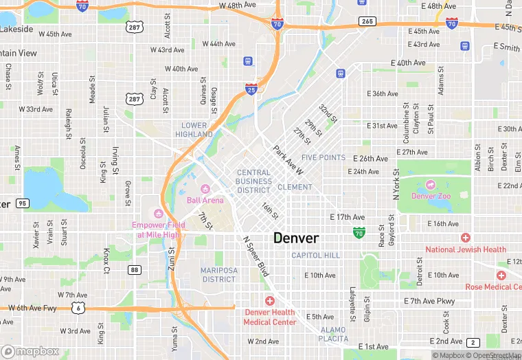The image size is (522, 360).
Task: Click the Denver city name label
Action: pos(296,238)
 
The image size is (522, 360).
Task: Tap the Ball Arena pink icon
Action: pos(204,189)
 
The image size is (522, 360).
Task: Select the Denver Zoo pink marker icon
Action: pos(431,184)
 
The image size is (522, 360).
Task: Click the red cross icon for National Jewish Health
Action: pos(466,238)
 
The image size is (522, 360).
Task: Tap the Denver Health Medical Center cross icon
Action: pos(269,301)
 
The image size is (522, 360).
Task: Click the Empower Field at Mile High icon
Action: pos(159,212)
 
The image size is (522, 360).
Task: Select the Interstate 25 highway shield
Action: pos(251,89)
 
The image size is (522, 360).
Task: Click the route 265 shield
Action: pos(367,22)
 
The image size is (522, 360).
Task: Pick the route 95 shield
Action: pos(23,203)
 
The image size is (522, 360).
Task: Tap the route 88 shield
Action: pos(135,270)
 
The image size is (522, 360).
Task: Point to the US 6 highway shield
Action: pos(79,308)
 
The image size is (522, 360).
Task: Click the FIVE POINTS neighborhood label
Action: pos(324,157)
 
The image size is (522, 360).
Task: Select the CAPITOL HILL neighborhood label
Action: pos(315,255)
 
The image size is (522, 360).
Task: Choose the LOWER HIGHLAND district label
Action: pos(194,130)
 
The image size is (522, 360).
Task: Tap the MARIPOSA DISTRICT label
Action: pos(219,275)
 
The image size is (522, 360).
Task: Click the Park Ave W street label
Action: pos(288,159)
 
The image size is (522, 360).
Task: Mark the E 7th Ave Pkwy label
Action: pos(429,302)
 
